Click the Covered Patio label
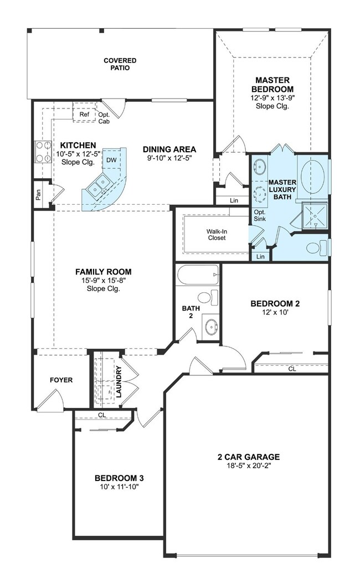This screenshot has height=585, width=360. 120,64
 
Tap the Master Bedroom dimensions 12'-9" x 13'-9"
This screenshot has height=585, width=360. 272,97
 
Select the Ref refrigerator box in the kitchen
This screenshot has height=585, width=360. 84,115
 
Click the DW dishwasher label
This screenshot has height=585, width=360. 111,160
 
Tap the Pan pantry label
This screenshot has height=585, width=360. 38,195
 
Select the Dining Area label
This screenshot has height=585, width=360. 169,149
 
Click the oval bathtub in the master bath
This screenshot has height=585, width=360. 313,175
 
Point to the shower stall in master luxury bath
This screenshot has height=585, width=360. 313,215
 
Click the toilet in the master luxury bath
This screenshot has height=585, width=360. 317,247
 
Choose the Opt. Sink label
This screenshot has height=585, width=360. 259,215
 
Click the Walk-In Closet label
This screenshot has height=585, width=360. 217,234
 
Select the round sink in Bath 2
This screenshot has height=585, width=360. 210,326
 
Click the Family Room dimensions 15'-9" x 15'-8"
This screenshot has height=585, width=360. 104,280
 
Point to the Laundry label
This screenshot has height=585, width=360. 119,381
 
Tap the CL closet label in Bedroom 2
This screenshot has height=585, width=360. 291,368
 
